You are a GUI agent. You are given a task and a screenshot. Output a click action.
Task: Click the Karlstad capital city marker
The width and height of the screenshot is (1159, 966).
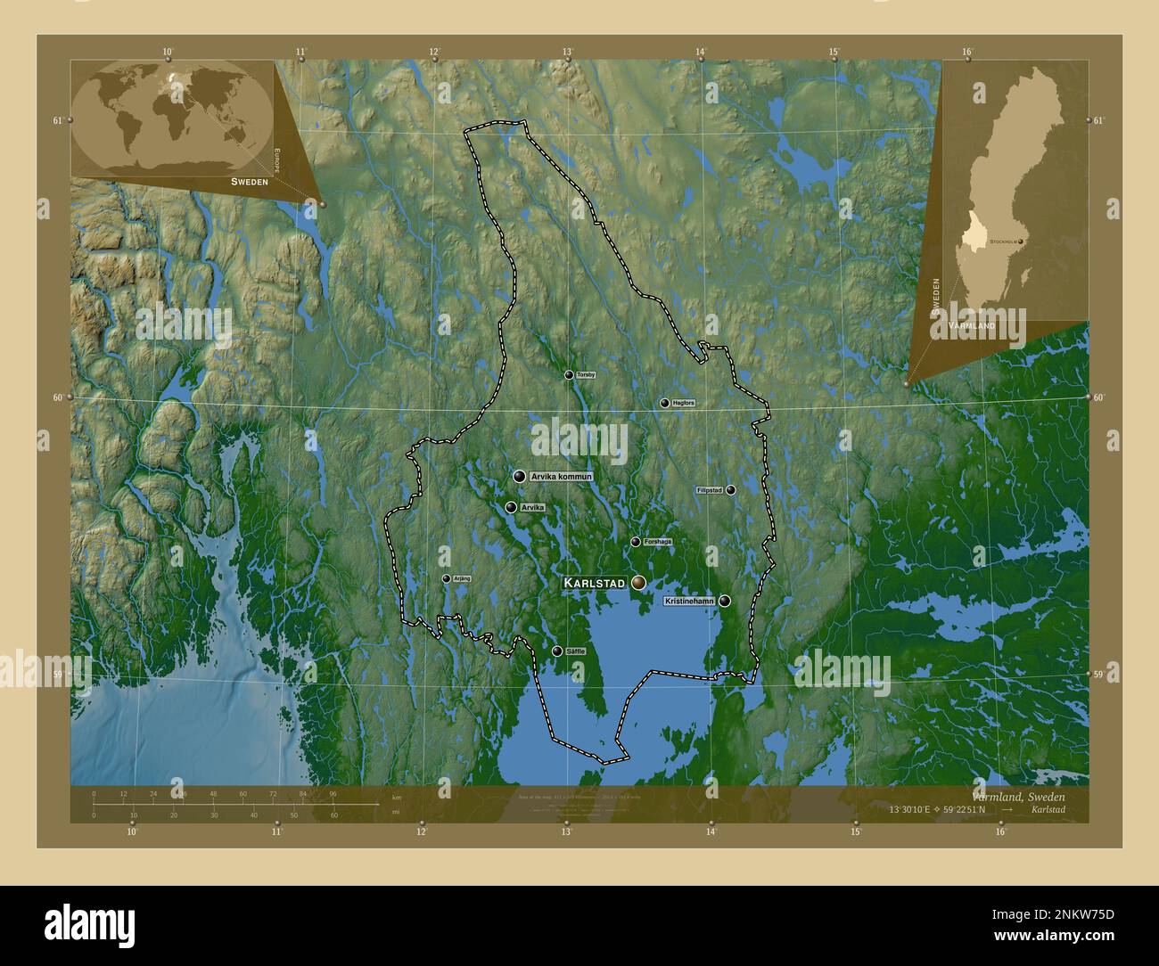point(638,582)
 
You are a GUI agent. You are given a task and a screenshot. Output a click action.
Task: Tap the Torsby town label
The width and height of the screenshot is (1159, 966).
point(586,375)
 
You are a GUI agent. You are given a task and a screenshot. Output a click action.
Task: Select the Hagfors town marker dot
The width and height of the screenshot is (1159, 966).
point(664,403)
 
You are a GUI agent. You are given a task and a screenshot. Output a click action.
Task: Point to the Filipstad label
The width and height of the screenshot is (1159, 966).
point(710,490)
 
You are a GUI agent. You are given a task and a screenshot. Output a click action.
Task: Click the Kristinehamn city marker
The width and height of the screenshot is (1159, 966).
point(726,602)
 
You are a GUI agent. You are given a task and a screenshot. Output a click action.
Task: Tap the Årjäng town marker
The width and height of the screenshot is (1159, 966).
point(446,578)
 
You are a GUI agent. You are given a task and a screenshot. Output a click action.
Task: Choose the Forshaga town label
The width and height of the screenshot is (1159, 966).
point(657,542)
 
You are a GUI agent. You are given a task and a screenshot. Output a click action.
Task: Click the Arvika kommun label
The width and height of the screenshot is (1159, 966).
point(561,478)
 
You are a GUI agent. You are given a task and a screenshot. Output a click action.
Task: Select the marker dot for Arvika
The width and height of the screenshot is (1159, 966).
point(511,507)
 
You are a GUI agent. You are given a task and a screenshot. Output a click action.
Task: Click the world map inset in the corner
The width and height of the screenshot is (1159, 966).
point(173,119)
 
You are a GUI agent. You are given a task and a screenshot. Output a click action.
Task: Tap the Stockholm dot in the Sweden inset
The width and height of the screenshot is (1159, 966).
point(1022,241)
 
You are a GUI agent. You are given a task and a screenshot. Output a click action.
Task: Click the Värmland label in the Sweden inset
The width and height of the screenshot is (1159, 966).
point(972,327)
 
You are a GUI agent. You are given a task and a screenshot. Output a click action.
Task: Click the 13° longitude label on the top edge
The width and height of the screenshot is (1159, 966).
point(567,52)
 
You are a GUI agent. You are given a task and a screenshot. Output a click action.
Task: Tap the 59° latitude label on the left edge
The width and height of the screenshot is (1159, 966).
point(57,675)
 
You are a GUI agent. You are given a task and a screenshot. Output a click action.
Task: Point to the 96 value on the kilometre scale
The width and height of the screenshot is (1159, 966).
point(333,793)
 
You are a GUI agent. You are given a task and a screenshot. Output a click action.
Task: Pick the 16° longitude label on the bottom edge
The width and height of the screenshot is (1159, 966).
point(1000,832)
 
